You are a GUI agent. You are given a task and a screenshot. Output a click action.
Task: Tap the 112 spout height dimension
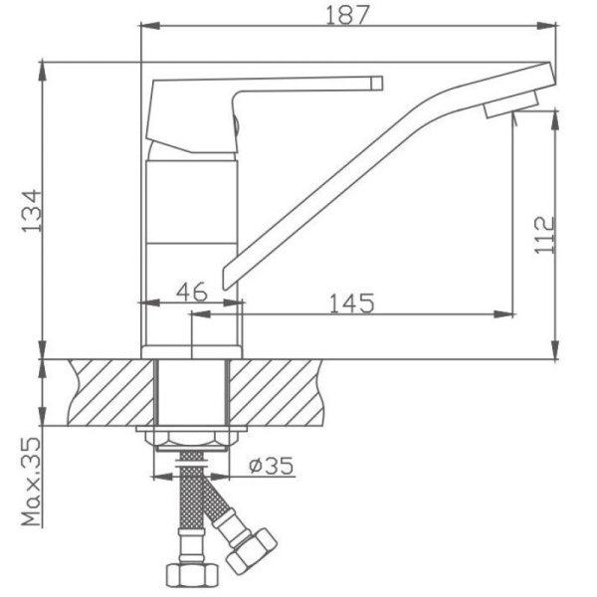coord(543,235)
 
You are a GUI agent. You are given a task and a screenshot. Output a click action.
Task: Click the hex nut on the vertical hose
coord(187,576)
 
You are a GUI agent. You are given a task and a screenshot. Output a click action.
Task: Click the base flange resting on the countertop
coord(192,351)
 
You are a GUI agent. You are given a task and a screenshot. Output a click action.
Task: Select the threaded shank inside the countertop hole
coord(193,393)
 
